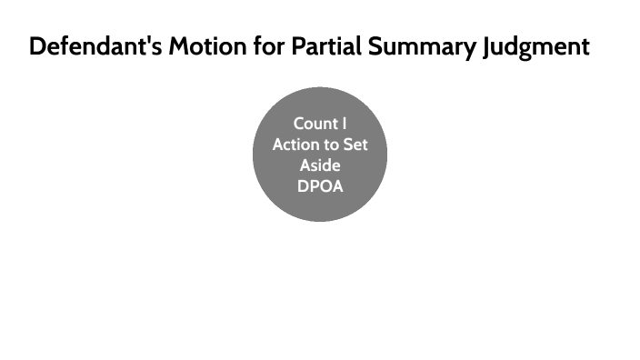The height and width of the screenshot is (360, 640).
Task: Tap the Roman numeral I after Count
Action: [345, 124]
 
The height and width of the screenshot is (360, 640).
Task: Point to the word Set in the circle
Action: [355, 145]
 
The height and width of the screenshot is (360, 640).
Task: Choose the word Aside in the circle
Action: [320, 165]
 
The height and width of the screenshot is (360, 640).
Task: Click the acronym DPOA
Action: [320, 186]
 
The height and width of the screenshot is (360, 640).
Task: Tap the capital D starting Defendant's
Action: [38, 47]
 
